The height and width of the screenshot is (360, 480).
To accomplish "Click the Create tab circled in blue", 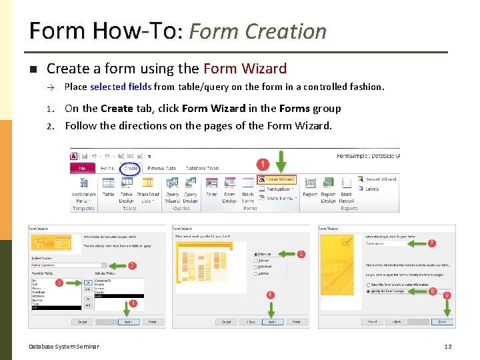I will pyautogui.click(x=131, y=169).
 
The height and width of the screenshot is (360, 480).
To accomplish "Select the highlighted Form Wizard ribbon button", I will pyautogui.click(x=277, y=179).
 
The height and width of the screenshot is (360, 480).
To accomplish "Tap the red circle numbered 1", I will pyautogui.click(x=263, y=163).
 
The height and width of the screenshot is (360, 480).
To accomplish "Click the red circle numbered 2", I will pyautogui.click(x=132, y=265).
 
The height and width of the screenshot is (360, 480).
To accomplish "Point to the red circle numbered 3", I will pyautogui.click(x=59, y=283).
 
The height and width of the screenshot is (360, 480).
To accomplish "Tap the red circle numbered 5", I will pyautogui.click(x=301, y=254).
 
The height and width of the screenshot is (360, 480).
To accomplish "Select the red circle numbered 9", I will pyautogui.click(x=447, y=295).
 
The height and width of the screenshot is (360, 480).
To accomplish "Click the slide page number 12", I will pyautogui.click(x=448, y=346).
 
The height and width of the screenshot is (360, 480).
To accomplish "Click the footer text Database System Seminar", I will pyautogui.click(x=64, y=346).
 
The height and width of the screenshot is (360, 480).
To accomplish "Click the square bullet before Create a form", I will pyautogui.click(x=33, y=69).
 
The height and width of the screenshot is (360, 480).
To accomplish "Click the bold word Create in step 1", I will pyautogui.click(x=117, y=109).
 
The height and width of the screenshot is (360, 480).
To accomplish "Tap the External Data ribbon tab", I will pyautogui.click(x=161, y=169).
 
